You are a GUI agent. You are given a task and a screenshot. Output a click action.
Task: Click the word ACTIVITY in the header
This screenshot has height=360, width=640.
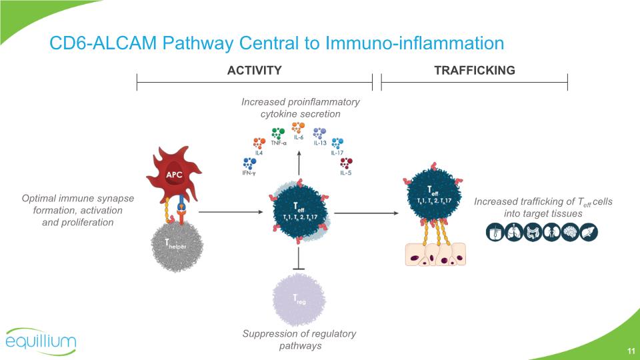(254, 70)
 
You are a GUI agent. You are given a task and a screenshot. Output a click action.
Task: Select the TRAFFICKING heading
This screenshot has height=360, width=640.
(474, 70)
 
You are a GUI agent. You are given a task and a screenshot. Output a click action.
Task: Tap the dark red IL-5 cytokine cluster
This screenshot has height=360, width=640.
(346, 162)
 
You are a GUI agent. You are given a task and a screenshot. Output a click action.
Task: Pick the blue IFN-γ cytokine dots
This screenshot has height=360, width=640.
(250, 163)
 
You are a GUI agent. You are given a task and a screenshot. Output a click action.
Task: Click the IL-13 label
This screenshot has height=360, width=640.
(320, 143)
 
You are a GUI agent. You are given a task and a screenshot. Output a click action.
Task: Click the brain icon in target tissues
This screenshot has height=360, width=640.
(571, 232)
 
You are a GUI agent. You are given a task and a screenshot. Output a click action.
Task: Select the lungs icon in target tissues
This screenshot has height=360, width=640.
(514, 232)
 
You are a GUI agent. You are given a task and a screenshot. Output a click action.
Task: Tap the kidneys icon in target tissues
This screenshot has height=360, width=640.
(551, 232)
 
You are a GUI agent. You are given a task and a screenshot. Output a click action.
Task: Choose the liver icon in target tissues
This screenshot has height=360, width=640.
(589, 232)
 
